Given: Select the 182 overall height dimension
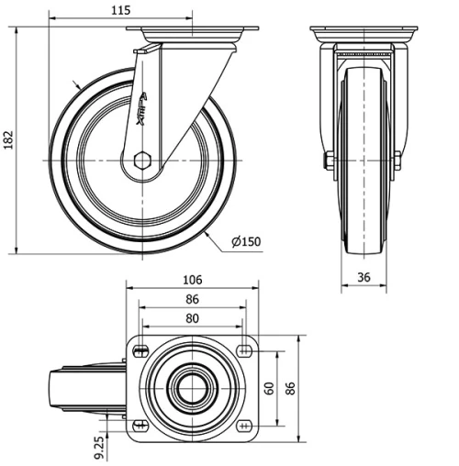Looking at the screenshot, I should [x=10, y=139].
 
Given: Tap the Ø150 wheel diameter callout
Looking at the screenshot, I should [x=247, y=241].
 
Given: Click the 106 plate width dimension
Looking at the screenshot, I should [x=193, y=280].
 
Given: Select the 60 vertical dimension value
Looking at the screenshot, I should [x=268, y=388].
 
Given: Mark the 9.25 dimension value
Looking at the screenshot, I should [x=97, y=449].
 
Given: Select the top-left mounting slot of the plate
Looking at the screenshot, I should [x=143, y=349].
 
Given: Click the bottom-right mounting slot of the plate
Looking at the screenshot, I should [x=244, y=425].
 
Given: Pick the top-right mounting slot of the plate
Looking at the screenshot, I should [x=244, y=349].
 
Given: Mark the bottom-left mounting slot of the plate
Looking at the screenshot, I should [x=143, y=425].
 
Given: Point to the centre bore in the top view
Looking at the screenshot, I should [x=193, y=387].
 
